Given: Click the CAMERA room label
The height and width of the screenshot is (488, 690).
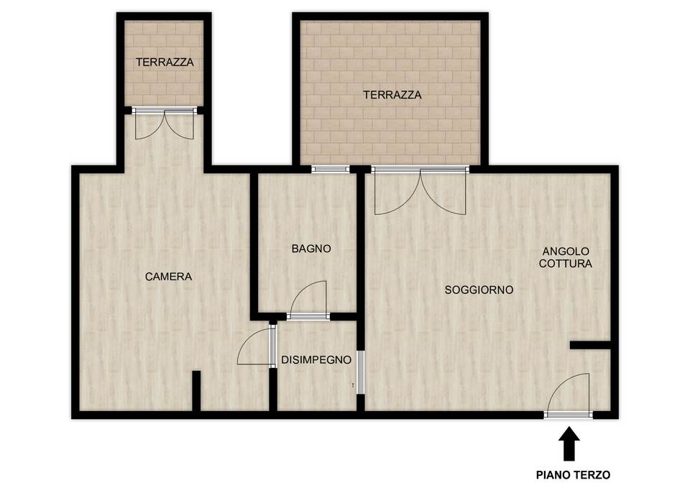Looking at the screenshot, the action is pos(168,277).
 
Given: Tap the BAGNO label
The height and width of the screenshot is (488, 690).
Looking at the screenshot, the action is pos(311,249).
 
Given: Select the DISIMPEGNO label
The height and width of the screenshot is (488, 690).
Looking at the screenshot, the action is pos(316,360).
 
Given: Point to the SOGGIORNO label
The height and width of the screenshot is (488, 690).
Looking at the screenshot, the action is pos(479,290).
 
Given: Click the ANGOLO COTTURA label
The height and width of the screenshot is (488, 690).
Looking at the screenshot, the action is pos(566,257).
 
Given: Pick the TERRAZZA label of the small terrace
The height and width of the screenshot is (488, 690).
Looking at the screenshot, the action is pos(165,63).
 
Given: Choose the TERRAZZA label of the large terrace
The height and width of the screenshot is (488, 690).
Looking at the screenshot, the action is pos(392,95).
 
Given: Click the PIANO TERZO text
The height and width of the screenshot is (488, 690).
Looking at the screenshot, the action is pos(573,475).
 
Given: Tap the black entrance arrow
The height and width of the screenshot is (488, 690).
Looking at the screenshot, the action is pos(569,443).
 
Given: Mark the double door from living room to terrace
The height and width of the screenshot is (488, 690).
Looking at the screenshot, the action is pos(420,190).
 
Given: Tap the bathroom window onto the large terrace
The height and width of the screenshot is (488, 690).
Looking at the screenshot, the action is pos(331,169).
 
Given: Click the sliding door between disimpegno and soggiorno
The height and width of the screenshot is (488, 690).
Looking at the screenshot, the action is pos(360,372).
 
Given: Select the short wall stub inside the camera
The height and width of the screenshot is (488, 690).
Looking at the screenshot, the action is pos(196,391).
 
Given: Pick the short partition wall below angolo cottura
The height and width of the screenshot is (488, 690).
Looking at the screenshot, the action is pos(590,345).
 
